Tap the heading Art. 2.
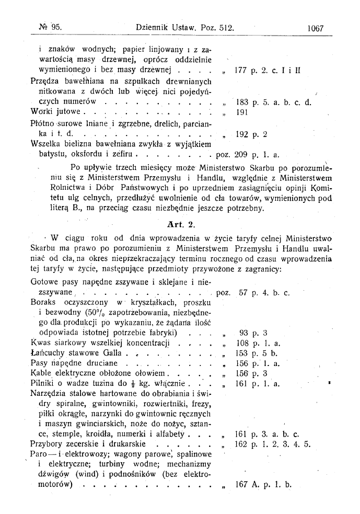[180, 224]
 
